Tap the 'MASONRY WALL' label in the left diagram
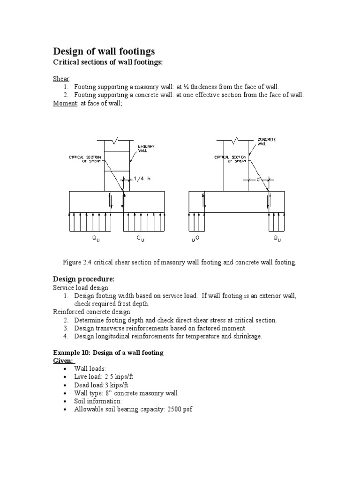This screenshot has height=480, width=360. click(x=146, y=149)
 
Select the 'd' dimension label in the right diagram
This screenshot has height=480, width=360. click(x=258, y=179)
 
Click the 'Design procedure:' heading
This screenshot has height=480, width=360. click(x=83, y=279)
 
